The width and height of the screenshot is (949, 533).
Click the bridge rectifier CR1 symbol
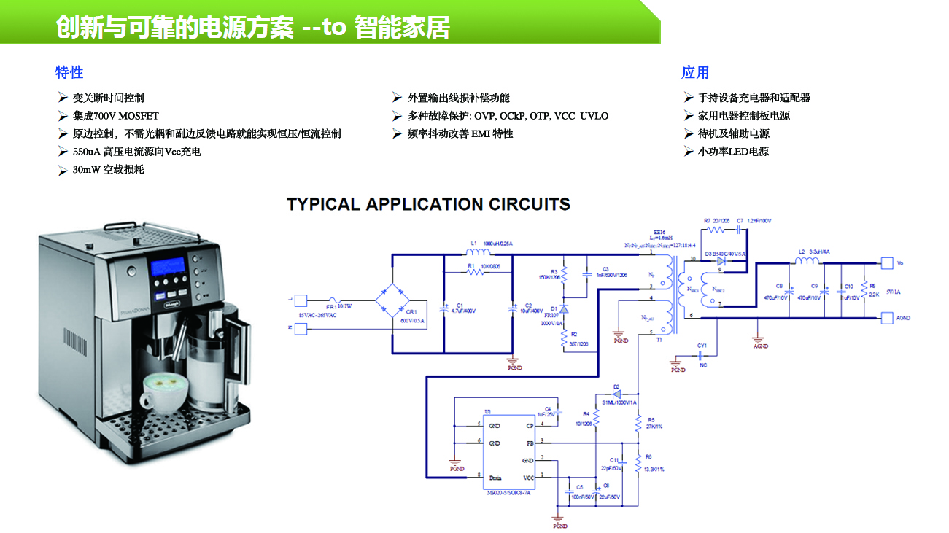(392, 300)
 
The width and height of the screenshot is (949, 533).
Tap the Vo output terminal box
(886, 262)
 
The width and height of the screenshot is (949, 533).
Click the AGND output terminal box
(886, 318)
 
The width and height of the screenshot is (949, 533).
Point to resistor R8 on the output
(864, 289)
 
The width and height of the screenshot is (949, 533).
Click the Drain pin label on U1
(495, 478)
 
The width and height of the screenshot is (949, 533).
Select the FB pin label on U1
(530, 443)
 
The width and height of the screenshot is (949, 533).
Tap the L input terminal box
(301, 300)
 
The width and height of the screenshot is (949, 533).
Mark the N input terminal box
(301, 327)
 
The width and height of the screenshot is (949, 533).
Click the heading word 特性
(69, 72)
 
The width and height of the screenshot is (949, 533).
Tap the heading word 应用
(695, 72)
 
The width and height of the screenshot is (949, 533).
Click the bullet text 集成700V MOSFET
(115, 116)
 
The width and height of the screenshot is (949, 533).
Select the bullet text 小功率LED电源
(733, 152)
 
